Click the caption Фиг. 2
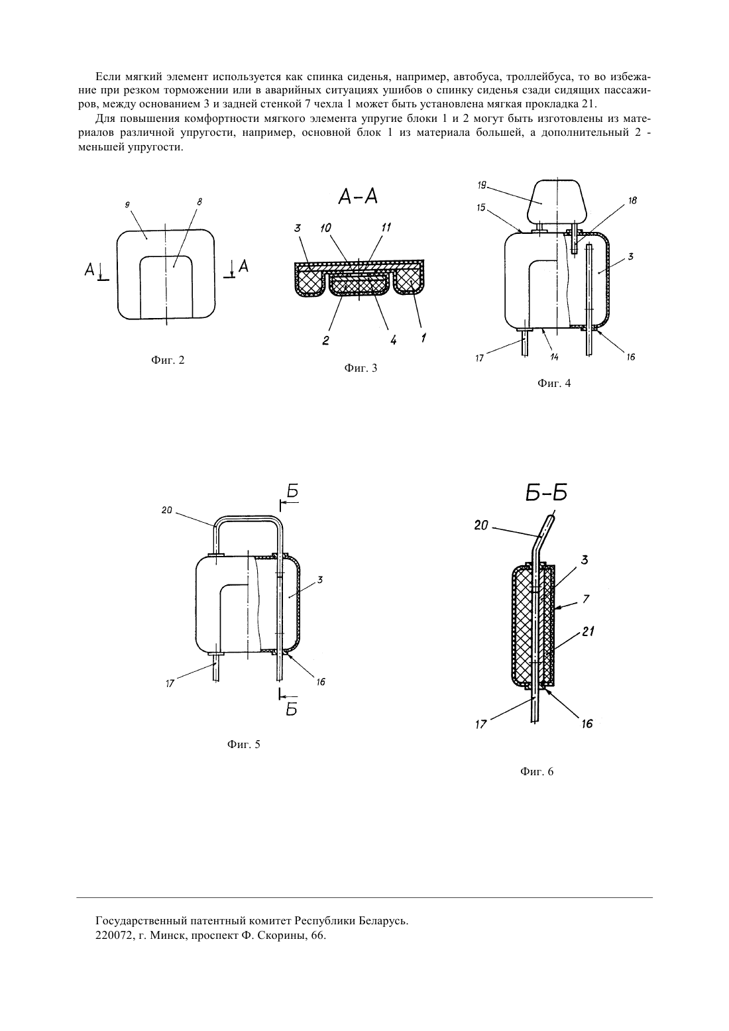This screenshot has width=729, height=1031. point(168,360)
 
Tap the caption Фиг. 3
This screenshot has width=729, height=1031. point(361,368)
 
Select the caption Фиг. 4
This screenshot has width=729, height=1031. point(554,383)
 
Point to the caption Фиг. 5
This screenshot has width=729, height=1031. point(243,744)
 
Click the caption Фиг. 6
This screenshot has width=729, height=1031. point(537,772)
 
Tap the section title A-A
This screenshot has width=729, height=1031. point(358,197)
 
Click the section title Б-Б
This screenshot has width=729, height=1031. point(546,494)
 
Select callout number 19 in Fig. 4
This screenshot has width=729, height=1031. point(482,186)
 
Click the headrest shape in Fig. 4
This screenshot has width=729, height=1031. point(557,201)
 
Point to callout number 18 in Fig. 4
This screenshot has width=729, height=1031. point(632,201)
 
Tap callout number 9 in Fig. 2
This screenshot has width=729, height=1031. point(127,206)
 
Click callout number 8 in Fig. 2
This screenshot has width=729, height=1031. point(199,202)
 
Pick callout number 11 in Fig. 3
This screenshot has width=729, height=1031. point(386,227)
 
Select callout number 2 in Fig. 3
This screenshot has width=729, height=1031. point(326,341)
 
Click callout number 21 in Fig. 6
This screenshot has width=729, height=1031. point(587,631)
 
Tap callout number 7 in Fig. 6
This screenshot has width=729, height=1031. point(586,599)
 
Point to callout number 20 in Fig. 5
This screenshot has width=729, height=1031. point(166,510)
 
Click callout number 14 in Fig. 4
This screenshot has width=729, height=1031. point(555,357)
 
